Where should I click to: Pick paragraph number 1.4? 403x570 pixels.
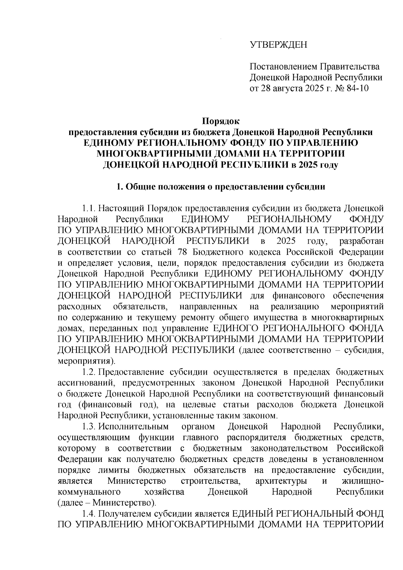click(89, 514)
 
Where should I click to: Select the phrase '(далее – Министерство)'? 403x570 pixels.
click(107, 503)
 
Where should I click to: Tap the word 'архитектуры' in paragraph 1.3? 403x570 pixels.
click(281, 481)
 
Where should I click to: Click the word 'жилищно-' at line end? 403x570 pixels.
click(362, 481)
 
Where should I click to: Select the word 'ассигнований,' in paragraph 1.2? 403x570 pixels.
click(87, 383)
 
